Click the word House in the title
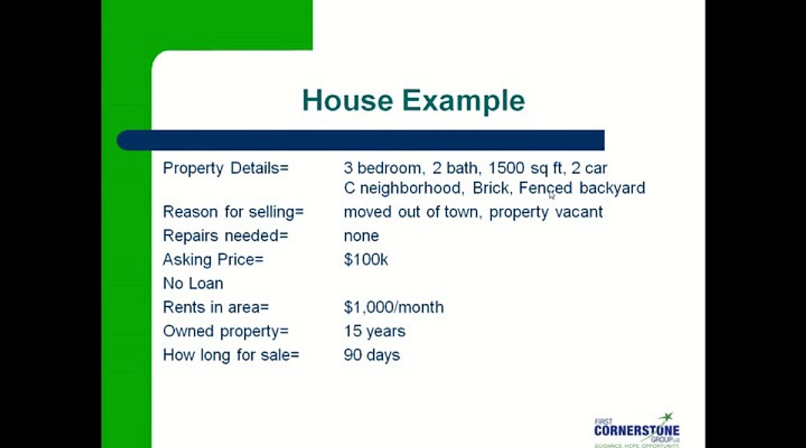click(348, 101)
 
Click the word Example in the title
click(463, 101)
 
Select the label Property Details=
click(226, 168)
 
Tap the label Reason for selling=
click(233, 212)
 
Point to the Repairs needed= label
click(226, 236)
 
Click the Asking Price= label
click(213, 259)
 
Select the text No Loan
click(193, 283)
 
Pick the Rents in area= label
click(216, 307)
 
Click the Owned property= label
click(226, 331)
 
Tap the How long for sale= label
click(231, 355)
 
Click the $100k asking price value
click(366, 259)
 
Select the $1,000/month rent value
click(394, 307)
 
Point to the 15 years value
click(374, 331)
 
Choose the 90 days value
click(372, 355)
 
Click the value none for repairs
click(361, 236)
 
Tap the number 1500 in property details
click(506, 168)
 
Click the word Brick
click(491, 188)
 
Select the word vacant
click(578, 212)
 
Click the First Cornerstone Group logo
click(636, 429)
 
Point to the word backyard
click(612, 188)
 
